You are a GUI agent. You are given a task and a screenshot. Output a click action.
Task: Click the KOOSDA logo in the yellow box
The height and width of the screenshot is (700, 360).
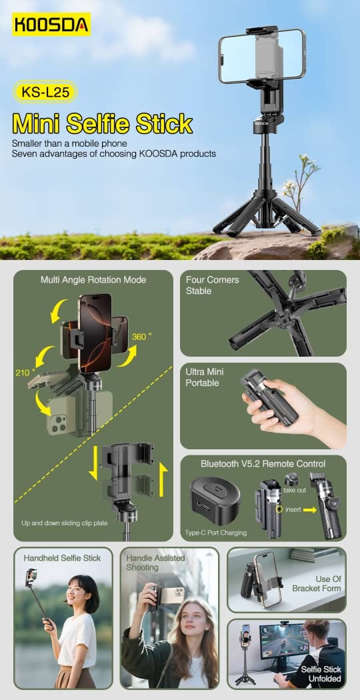(51, 24)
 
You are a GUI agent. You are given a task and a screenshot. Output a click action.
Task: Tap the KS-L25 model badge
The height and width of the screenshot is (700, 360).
(45, 92)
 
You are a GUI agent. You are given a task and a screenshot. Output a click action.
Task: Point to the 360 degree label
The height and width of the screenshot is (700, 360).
(140, 337)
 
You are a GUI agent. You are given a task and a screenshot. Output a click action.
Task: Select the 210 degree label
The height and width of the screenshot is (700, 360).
(24, 372)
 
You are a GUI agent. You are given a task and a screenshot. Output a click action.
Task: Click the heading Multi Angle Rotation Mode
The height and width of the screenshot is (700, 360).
(93, 280)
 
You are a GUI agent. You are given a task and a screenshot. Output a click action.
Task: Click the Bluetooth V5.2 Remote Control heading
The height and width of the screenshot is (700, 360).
(263, 464)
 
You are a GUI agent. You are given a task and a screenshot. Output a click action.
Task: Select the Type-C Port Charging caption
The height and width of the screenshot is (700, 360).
(216, 533)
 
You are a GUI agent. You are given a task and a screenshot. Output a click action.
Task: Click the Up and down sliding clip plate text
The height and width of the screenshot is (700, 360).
(64, 523)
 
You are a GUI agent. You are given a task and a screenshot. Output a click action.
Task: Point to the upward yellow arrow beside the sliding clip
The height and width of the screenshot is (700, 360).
(163, 481)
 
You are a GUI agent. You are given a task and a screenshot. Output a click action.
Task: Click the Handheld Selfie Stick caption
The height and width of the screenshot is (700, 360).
(62, 557)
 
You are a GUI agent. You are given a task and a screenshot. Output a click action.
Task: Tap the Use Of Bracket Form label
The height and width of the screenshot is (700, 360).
(316, 583)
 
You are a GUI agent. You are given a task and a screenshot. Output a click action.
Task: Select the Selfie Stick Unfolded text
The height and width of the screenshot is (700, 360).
(321, 674)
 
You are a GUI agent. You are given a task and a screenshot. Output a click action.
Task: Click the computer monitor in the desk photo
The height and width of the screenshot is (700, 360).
(284, 641)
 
